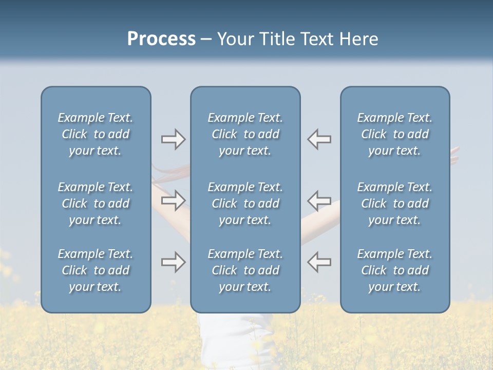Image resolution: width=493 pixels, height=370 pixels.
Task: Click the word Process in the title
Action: coord(161,39)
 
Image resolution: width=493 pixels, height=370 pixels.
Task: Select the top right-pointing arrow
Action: coord(173,139)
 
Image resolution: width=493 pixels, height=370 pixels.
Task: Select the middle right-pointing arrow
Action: coord(173,200)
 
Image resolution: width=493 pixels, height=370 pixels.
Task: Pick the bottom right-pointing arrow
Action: coord(173,262)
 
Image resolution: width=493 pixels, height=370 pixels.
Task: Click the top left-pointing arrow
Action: coord(319,139)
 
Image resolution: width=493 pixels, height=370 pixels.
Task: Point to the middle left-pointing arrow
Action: coord(319,200)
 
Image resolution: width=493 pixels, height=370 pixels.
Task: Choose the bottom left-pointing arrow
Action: coord(319,262)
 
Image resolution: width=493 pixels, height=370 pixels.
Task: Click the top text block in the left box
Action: coord(96,134)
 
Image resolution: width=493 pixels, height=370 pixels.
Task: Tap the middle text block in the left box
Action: coord(96,203)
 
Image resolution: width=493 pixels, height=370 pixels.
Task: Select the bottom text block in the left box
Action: coord(96,270)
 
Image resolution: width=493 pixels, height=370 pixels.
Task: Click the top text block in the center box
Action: coord(245,134)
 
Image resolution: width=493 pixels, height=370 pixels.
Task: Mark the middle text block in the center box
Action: coord(245,203)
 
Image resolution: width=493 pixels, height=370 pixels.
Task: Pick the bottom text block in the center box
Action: coord(245,270)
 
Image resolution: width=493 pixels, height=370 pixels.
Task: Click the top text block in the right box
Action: coord(394,134)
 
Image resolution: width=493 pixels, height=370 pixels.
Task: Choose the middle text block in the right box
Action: coord(394,203)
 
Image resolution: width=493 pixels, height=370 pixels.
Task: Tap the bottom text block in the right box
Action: coord(394,270)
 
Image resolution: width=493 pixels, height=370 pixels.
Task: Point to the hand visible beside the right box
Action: coord(454,155)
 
